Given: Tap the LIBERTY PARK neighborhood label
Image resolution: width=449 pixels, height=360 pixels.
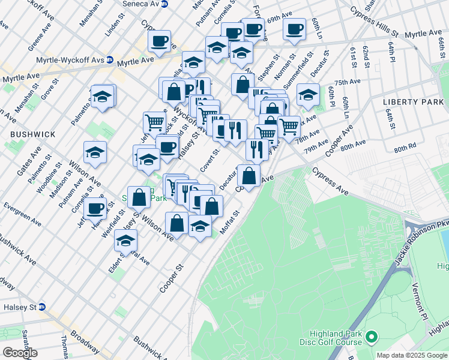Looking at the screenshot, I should (413, 102).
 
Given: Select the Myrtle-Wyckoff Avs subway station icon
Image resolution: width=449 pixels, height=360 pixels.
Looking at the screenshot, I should (110, 60).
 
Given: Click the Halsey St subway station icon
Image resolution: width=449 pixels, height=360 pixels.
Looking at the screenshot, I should (42, 307).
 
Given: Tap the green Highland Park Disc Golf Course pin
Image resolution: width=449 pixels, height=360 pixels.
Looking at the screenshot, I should (372, 338).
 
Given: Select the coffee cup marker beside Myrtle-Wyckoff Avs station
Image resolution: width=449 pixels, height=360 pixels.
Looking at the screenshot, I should (160, 41).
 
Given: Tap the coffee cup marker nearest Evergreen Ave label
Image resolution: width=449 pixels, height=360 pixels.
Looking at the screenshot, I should (95, 208).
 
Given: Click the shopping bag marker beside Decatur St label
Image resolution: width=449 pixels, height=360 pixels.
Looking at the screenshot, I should (248, 175).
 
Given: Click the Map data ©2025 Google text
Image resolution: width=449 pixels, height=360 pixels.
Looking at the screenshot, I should (411, 355).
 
